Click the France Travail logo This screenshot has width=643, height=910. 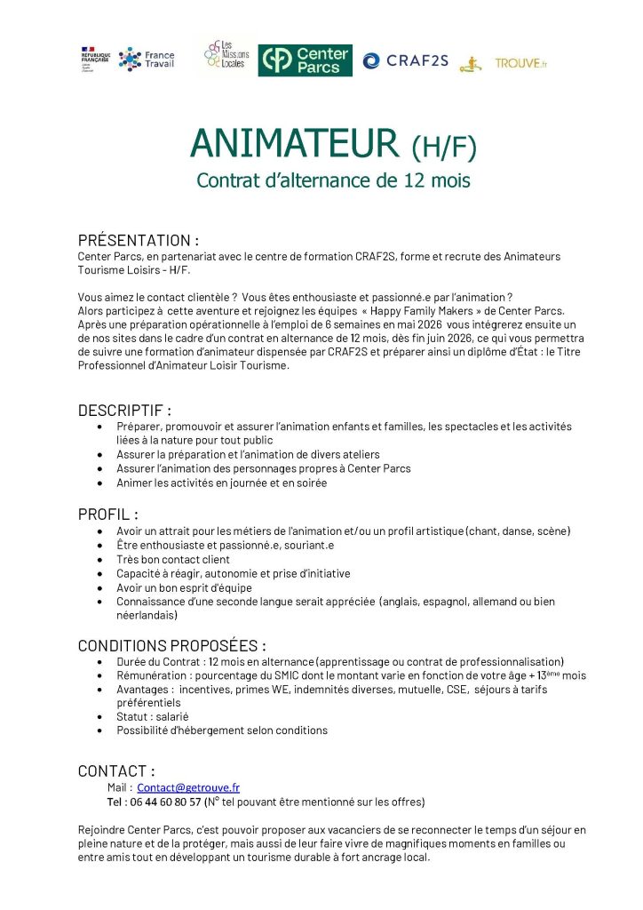[x=147, y=59]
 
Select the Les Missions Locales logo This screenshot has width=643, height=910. [x=226, y=56]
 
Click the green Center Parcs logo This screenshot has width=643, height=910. [x=305, y=60]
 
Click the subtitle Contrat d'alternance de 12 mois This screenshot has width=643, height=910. [x=333, y=180]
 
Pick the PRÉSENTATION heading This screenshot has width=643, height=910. [x=138, y=240]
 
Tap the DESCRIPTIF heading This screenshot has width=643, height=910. [x=124, y=411]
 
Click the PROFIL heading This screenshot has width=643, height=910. [x=107, y=514]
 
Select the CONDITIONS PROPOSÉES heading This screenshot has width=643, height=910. [x=171, y=645]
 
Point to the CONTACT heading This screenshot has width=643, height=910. [x=116, y=770]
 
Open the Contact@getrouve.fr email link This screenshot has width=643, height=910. [x=188, y=787]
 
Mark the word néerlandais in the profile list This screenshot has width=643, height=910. [x=147, y=615]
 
